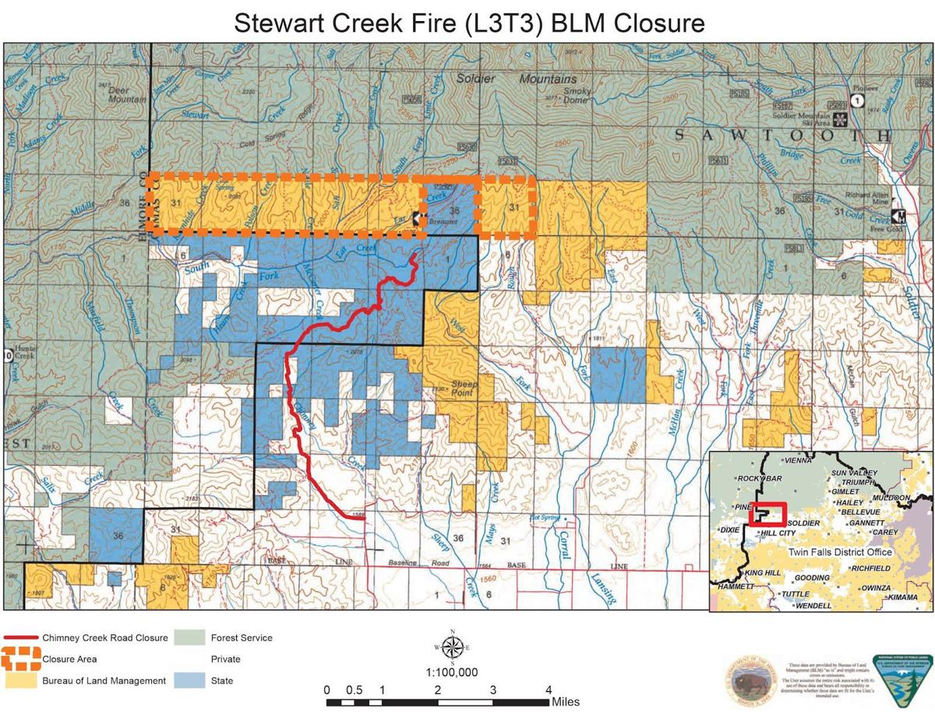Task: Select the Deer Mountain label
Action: [128, 95]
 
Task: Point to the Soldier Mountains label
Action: [517, 79]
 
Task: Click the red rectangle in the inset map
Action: [767, 514]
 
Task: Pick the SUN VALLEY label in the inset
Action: [854, 473]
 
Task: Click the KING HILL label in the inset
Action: [762, 573]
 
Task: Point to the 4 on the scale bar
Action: [549, 689]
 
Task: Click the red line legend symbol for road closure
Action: [21, 638]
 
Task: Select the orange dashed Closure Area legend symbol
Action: [21, 659]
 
